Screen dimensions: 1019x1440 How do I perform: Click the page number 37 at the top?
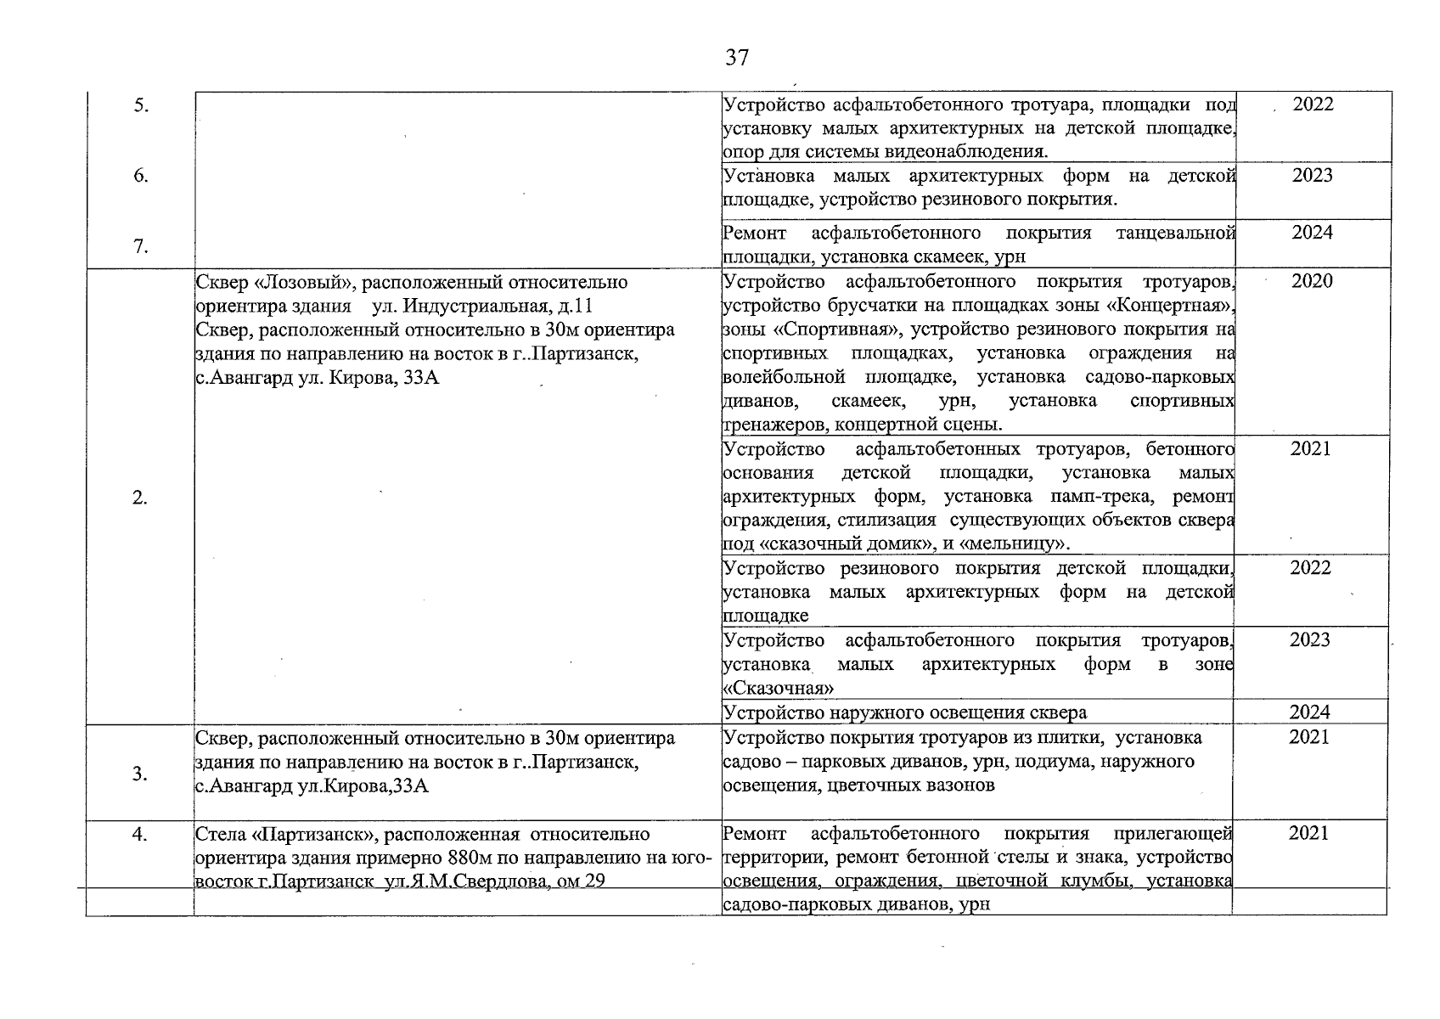(737, 58)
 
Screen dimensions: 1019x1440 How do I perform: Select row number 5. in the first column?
(142, 106)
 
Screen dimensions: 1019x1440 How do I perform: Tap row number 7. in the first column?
(142, 247)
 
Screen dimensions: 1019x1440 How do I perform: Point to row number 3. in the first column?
(142, 774)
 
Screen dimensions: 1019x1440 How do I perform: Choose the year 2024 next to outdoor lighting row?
(1309, 712)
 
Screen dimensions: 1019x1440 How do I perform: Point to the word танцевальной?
(1174, 233)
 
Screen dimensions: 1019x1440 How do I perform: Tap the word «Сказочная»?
(779, 688)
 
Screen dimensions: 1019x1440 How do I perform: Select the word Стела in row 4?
(219, 835)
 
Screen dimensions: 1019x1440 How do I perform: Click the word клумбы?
(1095, 881)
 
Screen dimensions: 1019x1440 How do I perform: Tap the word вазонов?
(961, 785)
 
